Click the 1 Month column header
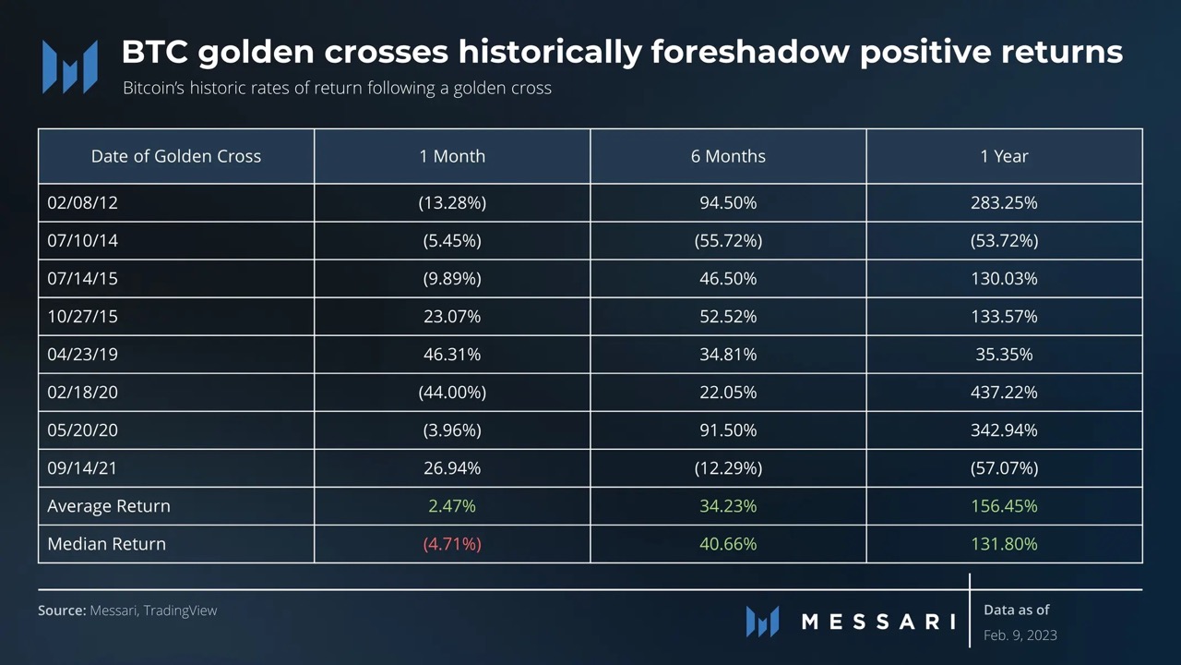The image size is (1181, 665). tap(452, 156)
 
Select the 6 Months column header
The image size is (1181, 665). tap(728, 156)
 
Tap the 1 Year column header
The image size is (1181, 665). tap(1004, 156)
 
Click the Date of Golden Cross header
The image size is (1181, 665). tap(176, 156)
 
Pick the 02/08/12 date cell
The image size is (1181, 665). tap(82, 202)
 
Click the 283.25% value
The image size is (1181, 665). tap(1004, 202)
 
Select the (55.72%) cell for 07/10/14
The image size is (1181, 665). tap(728, 240)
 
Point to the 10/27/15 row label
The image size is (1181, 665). tap(82, 316)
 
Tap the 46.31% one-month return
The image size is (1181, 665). tap(452, 354)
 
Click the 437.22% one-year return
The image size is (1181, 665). tap(1004, 392)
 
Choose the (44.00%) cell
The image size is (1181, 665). tap(452, 392)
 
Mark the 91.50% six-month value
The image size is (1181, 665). tap(728, 429)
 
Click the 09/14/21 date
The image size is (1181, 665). tap(82, 467)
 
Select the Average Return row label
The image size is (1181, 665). tap(109, 505)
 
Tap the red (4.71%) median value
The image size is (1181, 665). tap(452, 543)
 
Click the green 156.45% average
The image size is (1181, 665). tap(1004, 505)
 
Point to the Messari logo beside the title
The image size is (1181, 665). tap(70, 66)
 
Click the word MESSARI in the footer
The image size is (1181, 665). tap(877, 622)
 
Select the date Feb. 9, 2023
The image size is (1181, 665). tap(1020, 635)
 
